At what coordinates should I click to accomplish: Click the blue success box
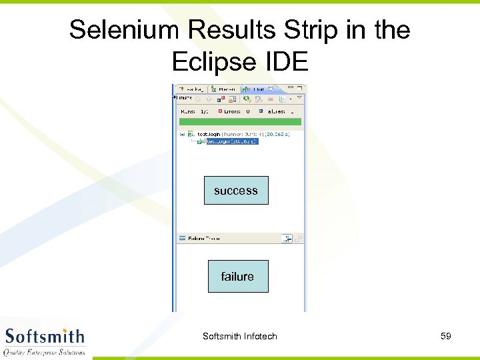(235, 191)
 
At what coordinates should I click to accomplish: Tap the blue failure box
(237, 276)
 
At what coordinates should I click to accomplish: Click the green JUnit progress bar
(239, 122)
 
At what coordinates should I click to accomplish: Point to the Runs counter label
(191, 111)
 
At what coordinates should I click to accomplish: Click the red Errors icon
(220, 111)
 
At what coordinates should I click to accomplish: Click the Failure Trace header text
(203, 238)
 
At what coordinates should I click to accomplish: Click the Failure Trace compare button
(287, 238)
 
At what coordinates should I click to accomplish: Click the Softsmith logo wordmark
(45, 336)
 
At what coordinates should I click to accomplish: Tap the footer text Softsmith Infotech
(239, 336)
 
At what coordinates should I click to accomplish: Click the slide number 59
(446, 336)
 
